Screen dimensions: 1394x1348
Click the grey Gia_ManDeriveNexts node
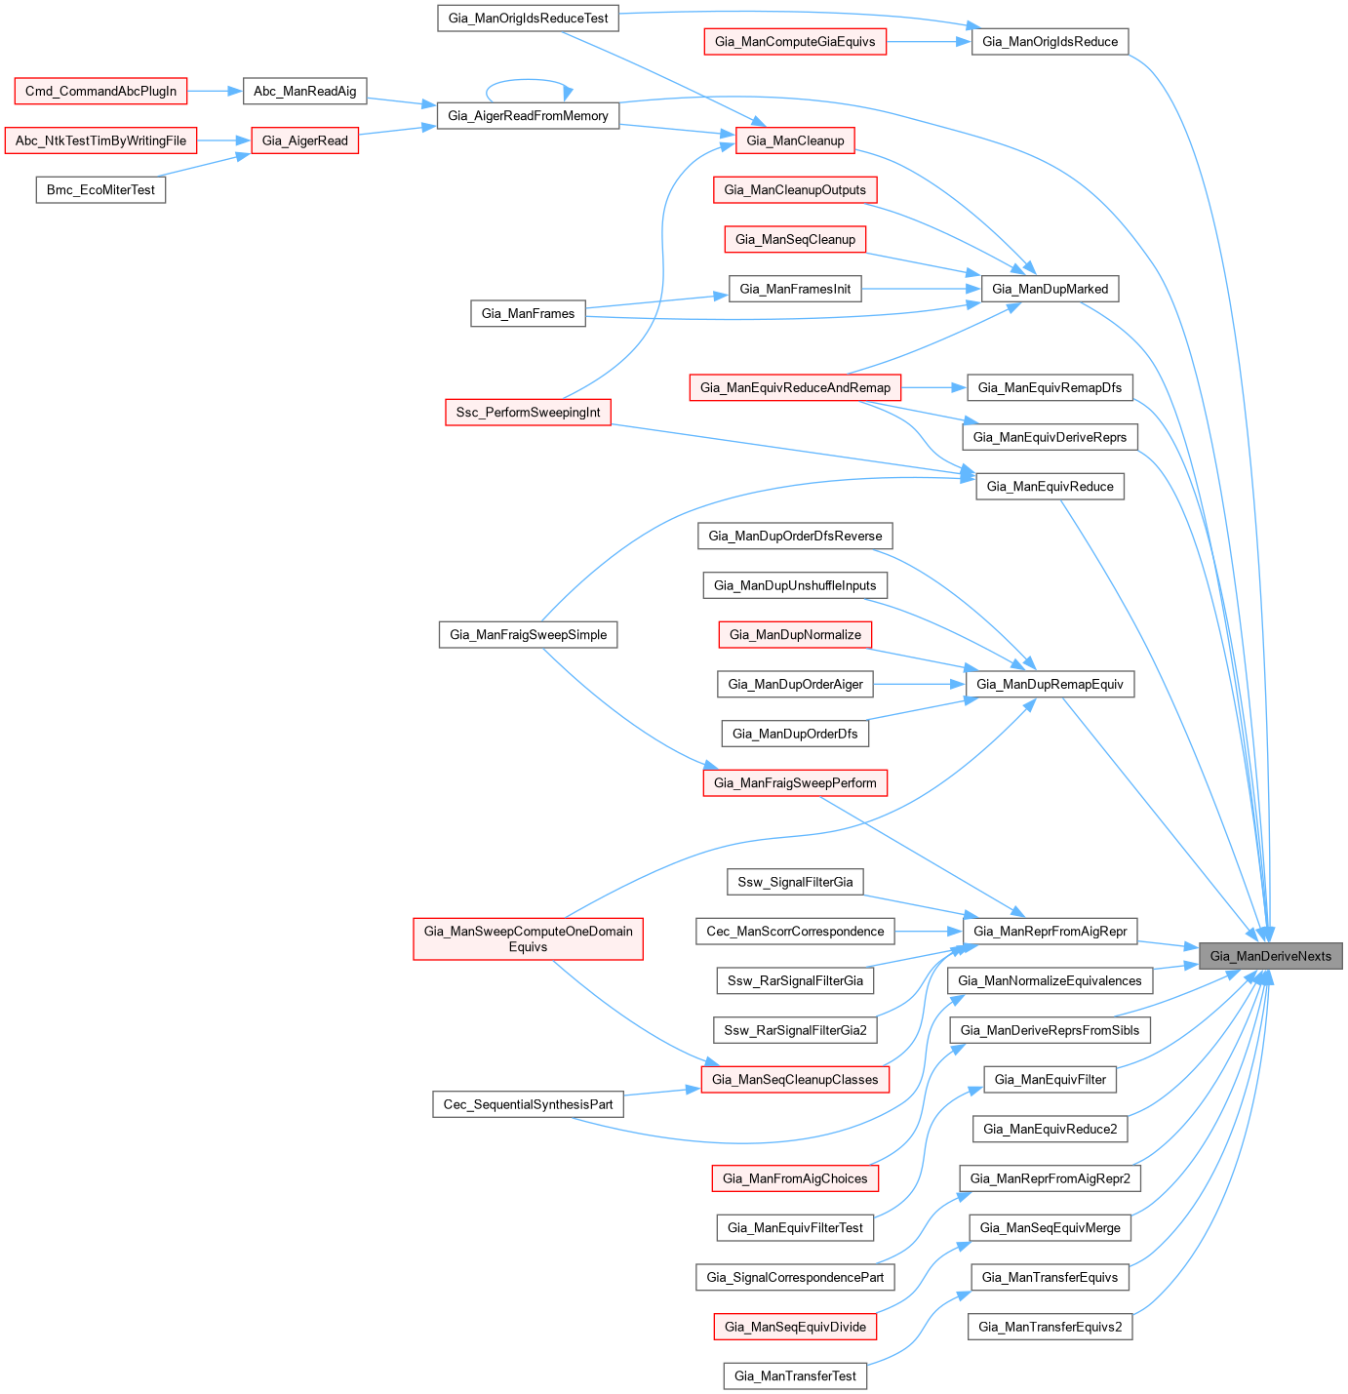click(x=1270, y=956)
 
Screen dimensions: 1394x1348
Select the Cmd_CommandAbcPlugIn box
click(x=100, y=91)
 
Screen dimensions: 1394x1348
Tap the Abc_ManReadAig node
click(x=304, y=91)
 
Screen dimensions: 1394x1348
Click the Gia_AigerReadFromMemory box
click(x=528, y=115)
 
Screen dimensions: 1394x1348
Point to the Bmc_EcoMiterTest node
click(x=100, y=189)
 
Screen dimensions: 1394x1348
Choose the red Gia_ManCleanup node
click(x=795, y=140)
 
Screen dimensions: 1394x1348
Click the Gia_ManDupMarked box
click(x=1050, y=289)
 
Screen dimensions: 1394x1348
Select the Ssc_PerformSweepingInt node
click(x=528, y=412)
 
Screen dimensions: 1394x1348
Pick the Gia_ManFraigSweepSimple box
click(x=528, y=634)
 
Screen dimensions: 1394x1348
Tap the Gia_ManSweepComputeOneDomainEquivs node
click(x=528, y=938)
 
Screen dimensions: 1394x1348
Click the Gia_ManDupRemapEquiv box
click(x=1050, y=684)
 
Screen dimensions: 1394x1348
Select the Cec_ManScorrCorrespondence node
click(x=795, y=931)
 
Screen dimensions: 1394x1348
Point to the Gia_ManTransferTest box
click(x=795, y=1375)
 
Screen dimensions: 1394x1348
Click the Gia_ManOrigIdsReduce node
click(x=1050, y=41)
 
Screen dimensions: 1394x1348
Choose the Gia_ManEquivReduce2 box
click(x=1050, y=1129)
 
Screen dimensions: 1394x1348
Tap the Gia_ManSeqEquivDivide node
click(x=795, y=1327)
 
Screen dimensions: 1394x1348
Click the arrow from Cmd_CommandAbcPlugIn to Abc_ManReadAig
click(x=215, y=91)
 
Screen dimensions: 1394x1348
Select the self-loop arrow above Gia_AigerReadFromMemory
click(x=528, y=81)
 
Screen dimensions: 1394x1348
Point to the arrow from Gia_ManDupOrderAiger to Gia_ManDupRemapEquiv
click(x=918, y=684)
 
